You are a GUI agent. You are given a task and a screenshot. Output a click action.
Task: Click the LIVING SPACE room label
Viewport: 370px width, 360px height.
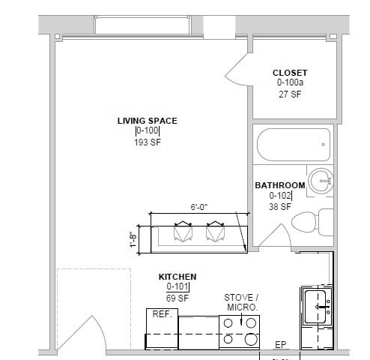[147, 121]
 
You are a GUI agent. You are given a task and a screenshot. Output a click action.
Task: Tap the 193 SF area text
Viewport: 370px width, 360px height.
[147, 142]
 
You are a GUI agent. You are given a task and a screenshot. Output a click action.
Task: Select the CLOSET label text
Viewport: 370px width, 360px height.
[289, 73]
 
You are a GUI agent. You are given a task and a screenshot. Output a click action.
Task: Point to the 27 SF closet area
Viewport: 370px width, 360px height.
[289, 94]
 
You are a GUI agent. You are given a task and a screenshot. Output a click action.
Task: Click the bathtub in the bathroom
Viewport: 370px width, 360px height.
[292, 142]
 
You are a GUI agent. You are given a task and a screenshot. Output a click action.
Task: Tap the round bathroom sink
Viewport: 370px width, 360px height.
[321, 179]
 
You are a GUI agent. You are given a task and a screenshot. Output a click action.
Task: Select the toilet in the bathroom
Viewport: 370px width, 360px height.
[307, 221]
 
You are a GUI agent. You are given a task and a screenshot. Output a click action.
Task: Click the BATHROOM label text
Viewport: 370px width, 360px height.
[280, 185]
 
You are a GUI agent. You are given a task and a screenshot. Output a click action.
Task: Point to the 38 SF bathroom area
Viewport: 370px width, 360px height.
[279, 208]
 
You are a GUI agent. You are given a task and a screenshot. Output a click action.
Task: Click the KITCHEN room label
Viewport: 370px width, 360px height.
[177, 277]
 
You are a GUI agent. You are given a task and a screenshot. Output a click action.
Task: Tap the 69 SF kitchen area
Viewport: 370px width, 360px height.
[177, 298]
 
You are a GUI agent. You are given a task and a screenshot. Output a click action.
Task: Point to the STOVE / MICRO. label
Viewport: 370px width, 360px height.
[241, 302]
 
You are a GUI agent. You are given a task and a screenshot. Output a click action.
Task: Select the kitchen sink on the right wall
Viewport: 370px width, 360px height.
[316, 307]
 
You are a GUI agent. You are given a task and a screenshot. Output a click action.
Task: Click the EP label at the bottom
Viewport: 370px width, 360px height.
[281, 345]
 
